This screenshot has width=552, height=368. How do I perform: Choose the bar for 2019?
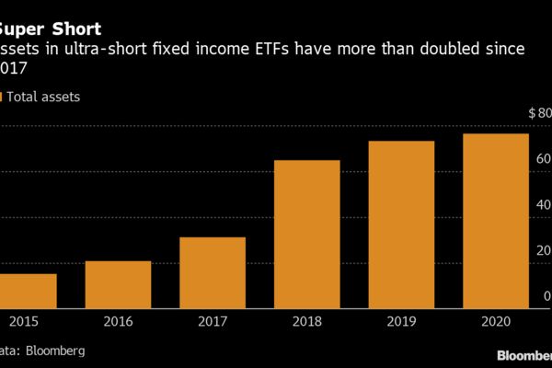tap(401, 224)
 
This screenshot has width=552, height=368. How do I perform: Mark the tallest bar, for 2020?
tap(496, 220)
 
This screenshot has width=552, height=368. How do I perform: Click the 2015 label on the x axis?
tap(23, 323)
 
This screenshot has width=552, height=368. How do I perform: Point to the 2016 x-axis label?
tap(118, 323)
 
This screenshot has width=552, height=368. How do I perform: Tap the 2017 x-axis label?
tap(212, 323)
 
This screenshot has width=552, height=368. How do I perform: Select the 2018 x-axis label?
tap(306, 323)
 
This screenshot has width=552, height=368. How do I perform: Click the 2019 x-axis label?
tap(401, 323)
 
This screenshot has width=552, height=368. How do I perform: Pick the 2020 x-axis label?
tap(496, 323)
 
